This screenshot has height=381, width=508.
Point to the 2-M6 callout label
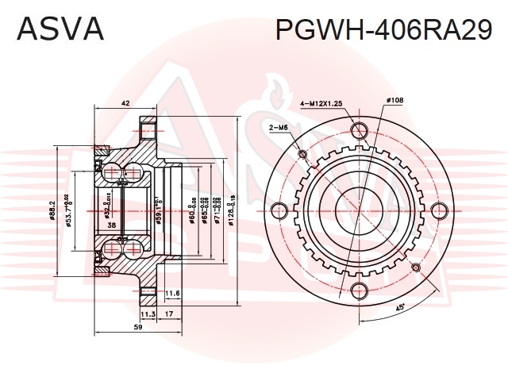click(x=278, y=128)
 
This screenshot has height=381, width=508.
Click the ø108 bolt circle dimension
click(x=394, y=101)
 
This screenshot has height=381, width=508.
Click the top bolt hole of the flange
click(x=358, y=130)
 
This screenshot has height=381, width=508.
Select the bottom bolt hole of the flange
click(x=358, y=290)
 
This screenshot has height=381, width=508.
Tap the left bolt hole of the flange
click(x=278, y=210)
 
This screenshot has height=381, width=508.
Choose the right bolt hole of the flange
click(x=438, y=210)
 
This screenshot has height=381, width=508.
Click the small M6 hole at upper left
click(x=302, y=154)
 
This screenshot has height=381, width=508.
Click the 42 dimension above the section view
click(x=125, y=104)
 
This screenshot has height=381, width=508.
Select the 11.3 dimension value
click(x=148, y=314)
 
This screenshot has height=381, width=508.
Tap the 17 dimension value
click(x=170, y=314)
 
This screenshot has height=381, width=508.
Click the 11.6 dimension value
click(x=173, y=294)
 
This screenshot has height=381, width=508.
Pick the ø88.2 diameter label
click(x=53, y=210)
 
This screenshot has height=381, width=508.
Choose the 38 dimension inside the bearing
click(x=113, y=226)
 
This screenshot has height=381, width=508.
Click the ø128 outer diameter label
click(x=230, y=211)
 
